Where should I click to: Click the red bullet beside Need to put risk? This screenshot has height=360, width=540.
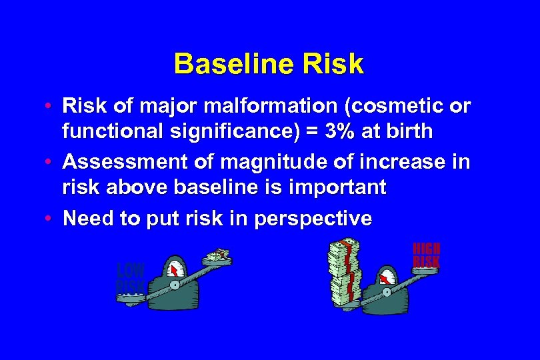pyautogui.click(x=51, y=218)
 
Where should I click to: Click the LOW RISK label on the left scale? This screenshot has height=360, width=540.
pyautogui.click(x=130, y=279)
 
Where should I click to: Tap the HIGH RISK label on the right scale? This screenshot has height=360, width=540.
pyautogui.click(x=426, y=256)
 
